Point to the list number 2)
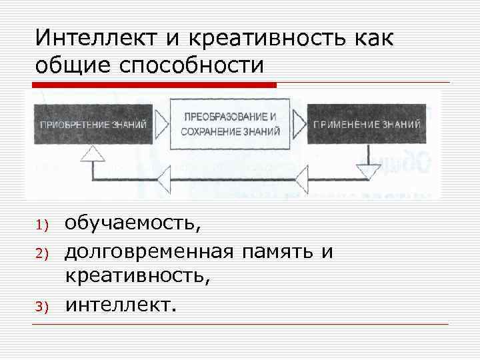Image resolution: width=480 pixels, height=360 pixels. tap(41, 253)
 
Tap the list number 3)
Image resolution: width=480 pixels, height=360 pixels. tap(41, 307)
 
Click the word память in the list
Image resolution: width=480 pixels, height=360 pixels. tap(278, 252)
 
